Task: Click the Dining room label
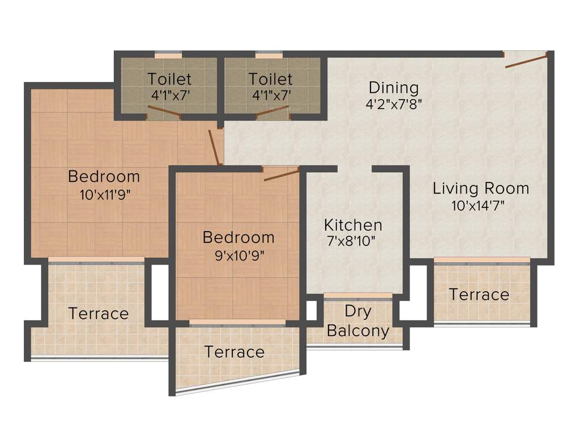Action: coord(394,88)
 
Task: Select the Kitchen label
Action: coord(353,224)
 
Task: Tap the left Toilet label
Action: coord(170,79)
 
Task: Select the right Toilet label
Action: coord(271,79)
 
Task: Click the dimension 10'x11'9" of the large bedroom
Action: coord(106,195)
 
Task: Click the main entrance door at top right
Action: coord(526,61)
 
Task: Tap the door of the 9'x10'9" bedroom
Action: coord(281,174)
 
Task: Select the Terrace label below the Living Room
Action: coord(479,295)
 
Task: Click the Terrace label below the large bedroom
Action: coord(99,313)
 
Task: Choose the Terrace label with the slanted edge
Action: coord(234,352)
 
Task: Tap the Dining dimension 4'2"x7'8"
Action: coord(394,104)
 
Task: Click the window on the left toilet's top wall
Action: coord(168,56)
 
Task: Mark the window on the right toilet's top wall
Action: coord(269,56)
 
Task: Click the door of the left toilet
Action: coord(164,116)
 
